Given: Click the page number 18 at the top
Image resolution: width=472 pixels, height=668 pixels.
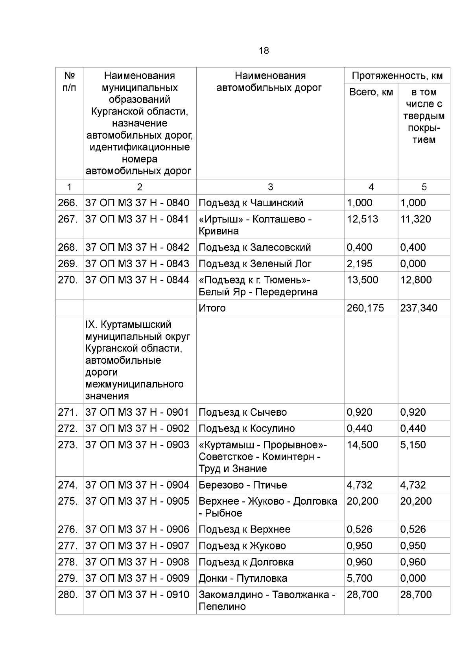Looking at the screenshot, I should pos(264,51).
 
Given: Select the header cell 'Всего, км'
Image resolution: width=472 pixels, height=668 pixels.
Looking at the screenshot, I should pos(371,92).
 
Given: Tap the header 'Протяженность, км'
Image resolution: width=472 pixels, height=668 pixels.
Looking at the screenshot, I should pos(397,76).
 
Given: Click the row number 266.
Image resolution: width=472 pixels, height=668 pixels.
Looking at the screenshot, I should pos(67,203).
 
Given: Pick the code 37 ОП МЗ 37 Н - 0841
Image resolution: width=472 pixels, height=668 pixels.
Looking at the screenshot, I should pos(137,219).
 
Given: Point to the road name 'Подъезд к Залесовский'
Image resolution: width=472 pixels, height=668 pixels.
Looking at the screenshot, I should pos(254,247).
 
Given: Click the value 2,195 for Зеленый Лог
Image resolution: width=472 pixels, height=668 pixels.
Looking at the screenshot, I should pos(360,264).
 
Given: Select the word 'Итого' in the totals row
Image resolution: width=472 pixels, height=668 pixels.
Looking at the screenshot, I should pos(212,308).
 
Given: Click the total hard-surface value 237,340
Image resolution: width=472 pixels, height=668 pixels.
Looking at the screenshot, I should pos(419,308).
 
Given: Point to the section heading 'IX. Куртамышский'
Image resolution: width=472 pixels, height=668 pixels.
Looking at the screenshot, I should pos(128,325).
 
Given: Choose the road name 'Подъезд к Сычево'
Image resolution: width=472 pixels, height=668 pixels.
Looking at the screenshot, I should pos(243,412).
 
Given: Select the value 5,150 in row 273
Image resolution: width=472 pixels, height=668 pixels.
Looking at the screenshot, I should pos(413,445).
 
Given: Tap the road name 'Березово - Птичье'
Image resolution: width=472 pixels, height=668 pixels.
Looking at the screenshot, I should pos(243,485).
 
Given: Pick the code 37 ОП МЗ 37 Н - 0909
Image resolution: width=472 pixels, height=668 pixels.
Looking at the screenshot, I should pos(137,578).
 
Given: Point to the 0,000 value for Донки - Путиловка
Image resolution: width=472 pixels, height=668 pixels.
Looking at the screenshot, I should pos(413,578).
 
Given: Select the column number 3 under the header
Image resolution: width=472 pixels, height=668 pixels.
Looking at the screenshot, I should pos(270,187).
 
